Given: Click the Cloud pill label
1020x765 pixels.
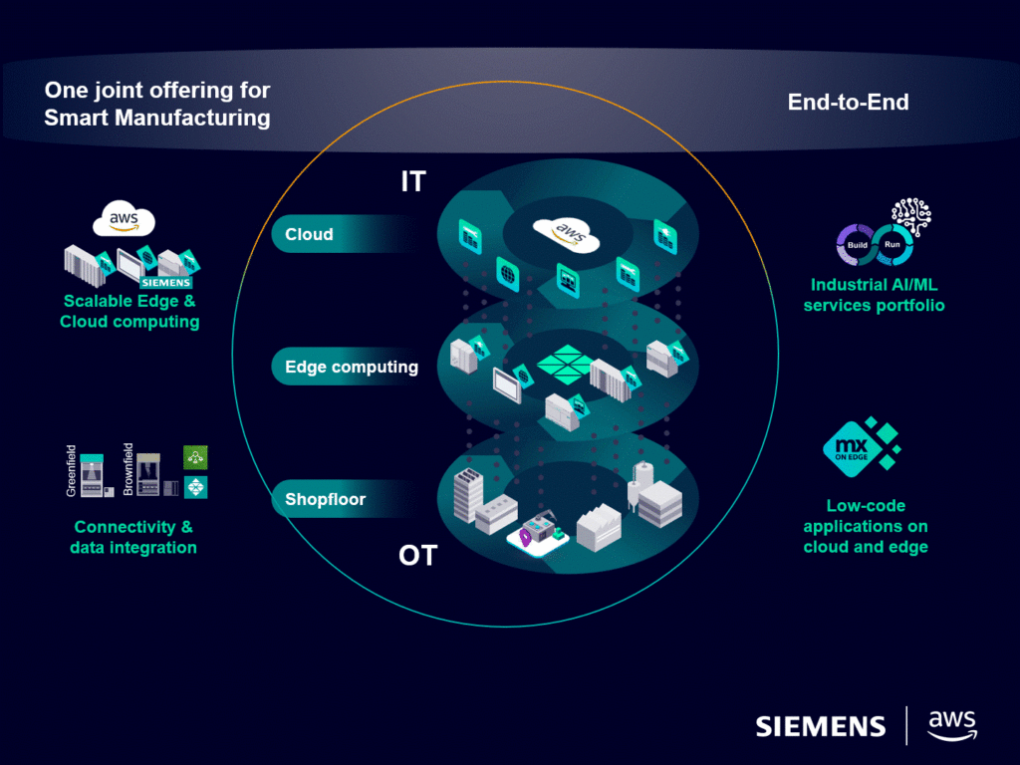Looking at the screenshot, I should point(309,235).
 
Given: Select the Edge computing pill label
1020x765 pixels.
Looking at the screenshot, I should point(351,367).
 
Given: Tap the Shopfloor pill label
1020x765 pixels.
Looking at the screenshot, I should point(325,499).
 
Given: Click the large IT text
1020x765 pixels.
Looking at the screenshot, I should point(412,181).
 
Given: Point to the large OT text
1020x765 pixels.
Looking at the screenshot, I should point(417,555).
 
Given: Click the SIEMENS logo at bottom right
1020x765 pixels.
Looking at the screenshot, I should point(820,726).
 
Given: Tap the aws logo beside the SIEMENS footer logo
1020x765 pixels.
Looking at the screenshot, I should point(951,724).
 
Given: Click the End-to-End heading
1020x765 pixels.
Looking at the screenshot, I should point(848,102).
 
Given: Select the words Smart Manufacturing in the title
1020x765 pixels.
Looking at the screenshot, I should point(157,118).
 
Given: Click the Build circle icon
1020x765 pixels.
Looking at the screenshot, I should point(857,245).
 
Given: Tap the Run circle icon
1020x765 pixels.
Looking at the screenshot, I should point(892,245).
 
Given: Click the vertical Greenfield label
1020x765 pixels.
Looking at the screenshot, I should point(71,470).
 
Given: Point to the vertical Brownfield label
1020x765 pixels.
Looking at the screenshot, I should point(128,468).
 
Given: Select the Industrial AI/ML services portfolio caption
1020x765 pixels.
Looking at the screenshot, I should point(874,296).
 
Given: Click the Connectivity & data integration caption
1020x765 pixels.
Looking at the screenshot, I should point(133,537).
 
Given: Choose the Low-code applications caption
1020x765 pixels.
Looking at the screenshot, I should point(865,526).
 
